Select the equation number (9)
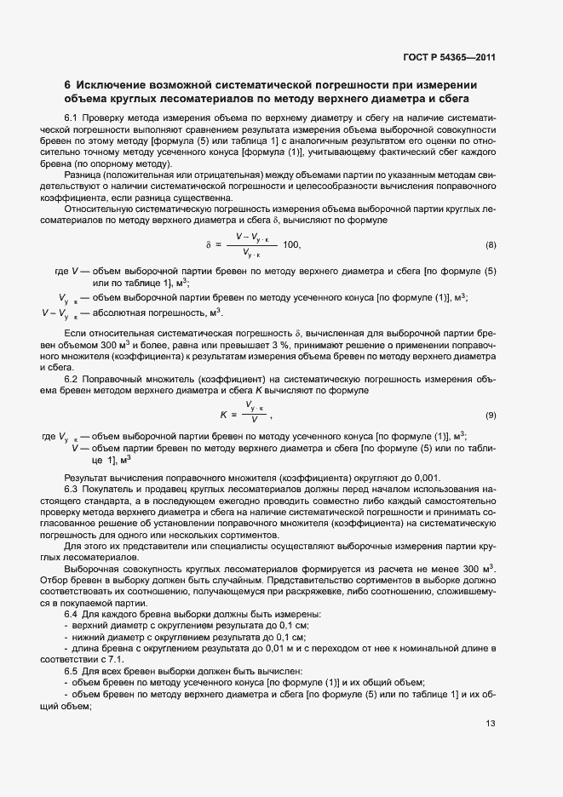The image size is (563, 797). (x=491, y=415)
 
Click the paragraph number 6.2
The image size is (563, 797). (x=72, y=378)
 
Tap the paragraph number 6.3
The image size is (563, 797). (x=72, y=490)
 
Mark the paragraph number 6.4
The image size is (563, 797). (x=72, y=613)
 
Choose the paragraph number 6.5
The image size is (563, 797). (x=72, y=669)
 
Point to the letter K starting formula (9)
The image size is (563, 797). (x=223, y=415)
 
